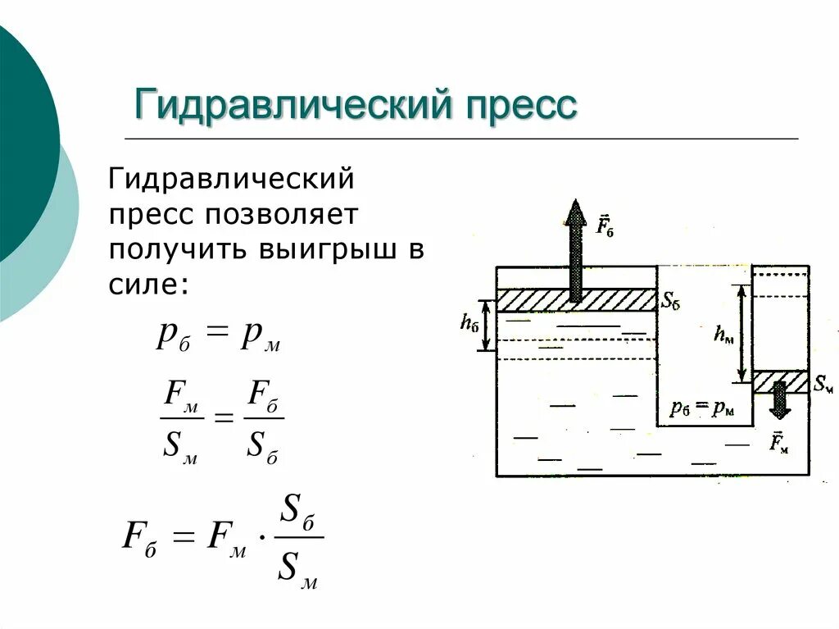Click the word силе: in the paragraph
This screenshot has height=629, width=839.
[148, 285]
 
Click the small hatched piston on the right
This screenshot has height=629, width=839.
[780, 382]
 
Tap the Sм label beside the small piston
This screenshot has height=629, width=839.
[822, 382]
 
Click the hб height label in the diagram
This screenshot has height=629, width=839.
[469, 324]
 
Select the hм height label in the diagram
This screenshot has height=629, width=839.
[723, 333]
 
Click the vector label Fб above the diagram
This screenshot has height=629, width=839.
[605, 225]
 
